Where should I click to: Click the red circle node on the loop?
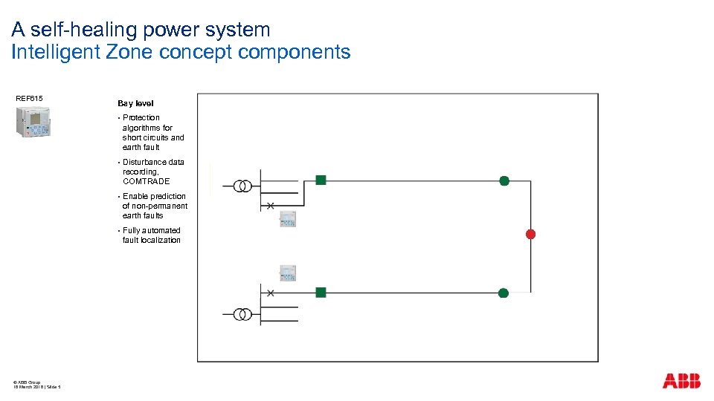pyautogui.click(x=530, y=234)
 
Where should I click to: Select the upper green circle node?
pyautogui.click(x=504, y=180)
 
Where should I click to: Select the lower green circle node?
pyautogui.click(x=504, y=293)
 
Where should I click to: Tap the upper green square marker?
pyautogui.click(x=321, y=180)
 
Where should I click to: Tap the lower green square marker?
pyautogui.click(x=321, y=293)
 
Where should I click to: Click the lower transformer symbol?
pyautogui.click(x=242, y=314)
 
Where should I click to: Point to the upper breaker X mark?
pyautogui.click(x=271, y=205)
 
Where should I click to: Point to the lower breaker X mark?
pyautogui.click(x=271, y=293)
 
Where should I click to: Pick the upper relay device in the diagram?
pyautogui.click(x=288, y=219)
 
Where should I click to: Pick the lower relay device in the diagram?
pyautogui.click(x=288, y=273)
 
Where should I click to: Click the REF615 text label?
pyautogui.click(x=29, y=99)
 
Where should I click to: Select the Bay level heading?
pyautogui.click(x=135, y=103)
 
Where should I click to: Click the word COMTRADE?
pyautogui.click(x=146, y=181)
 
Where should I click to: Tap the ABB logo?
pyautogui.click(x=681, y=381)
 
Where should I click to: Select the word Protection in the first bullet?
pyautogui.click(x=141, y=117)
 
